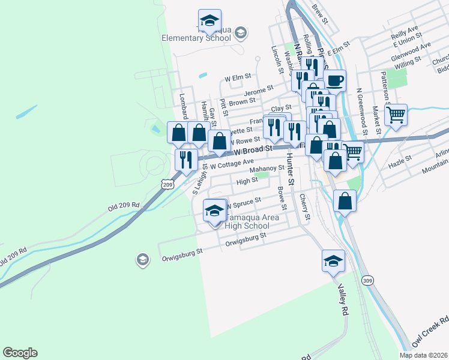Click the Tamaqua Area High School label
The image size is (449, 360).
pyautogui.click(x=246, y=221)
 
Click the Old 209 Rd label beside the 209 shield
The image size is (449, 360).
pyautogui.click(x=124, y=206)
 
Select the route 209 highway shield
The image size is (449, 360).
pyautogui.click(x=168, y=185)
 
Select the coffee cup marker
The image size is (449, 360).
pyautogui.click(x=334, y=80)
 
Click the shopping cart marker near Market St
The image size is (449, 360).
pyautogui.click(x=396, y=114)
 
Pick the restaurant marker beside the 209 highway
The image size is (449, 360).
pyautogui.click(x=185, y=159)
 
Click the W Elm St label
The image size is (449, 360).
pyautogui.click(x=237, y=78)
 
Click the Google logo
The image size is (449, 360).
pyautogui.click(x=20, y=353)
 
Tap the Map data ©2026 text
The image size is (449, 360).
pyautogui.click(x=423, y=355)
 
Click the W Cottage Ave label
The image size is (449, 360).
pyautogui.click(x=232, y=163)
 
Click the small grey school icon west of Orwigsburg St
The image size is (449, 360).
pyautogui.click(x=142, y=259)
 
